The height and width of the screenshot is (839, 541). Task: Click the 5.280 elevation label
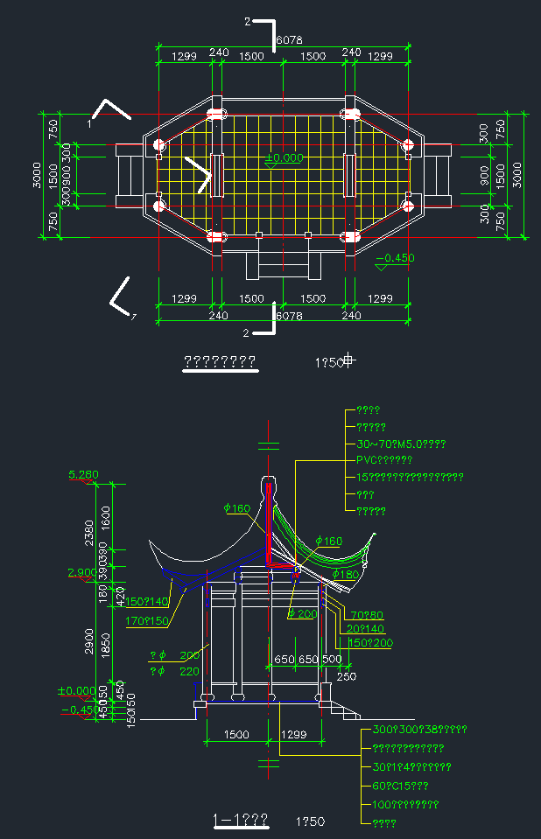point(82,476)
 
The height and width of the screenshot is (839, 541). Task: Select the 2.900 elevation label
point(82,572)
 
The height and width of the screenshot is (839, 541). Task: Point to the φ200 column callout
point(303,614)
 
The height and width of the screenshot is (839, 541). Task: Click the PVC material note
point(384,460)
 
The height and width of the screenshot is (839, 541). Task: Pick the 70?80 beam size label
point(366,615)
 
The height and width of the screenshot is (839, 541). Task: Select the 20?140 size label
point(365,629)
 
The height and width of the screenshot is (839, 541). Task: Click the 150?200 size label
point(371,643)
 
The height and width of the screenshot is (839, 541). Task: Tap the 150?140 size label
point(147,602)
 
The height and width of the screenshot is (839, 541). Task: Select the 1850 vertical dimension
point(107,643)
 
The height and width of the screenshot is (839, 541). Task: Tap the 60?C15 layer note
point(400,786)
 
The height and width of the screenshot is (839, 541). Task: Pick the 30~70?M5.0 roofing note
point(402,444)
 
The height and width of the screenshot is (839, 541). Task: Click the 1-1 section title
point(241,821)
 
